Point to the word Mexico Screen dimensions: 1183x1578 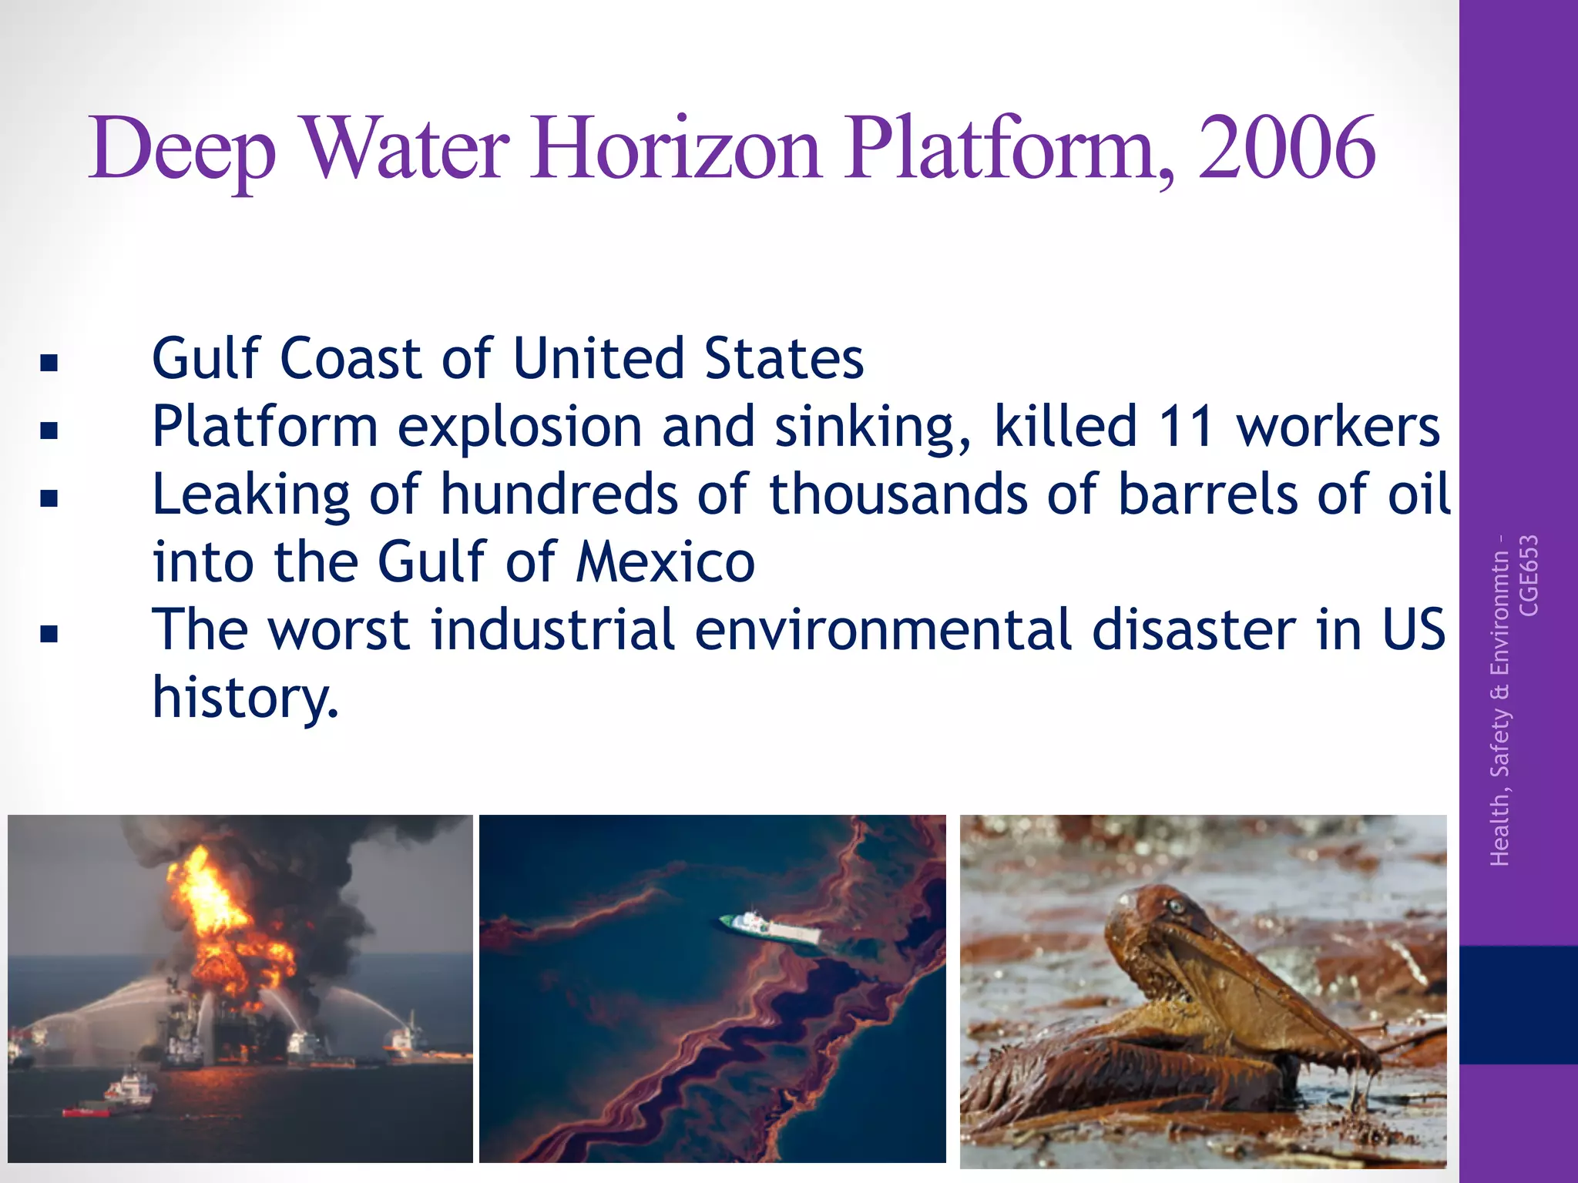point(666,561)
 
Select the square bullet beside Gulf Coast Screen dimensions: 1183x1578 point(50,362)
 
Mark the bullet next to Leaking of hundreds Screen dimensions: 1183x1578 point(50,498)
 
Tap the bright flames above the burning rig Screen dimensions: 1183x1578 point(208,893)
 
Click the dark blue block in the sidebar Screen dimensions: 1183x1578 point(1518,1004)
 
